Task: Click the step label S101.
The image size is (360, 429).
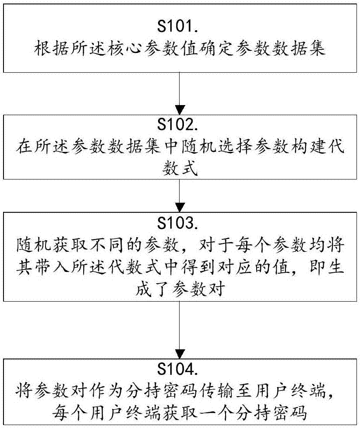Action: tap(177, 27)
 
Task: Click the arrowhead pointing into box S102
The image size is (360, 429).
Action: tap(180, 110)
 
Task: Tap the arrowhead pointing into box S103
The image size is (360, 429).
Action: tap(180, 207)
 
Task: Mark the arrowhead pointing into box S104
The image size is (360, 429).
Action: tap(180, 354)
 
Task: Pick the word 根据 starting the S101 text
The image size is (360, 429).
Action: tap(52, 49)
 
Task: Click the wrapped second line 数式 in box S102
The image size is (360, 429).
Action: tap(180, 168)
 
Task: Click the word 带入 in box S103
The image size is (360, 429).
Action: tap(52, 266)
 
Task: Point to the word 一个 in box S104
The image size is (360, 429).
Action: tap(216, 413)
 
